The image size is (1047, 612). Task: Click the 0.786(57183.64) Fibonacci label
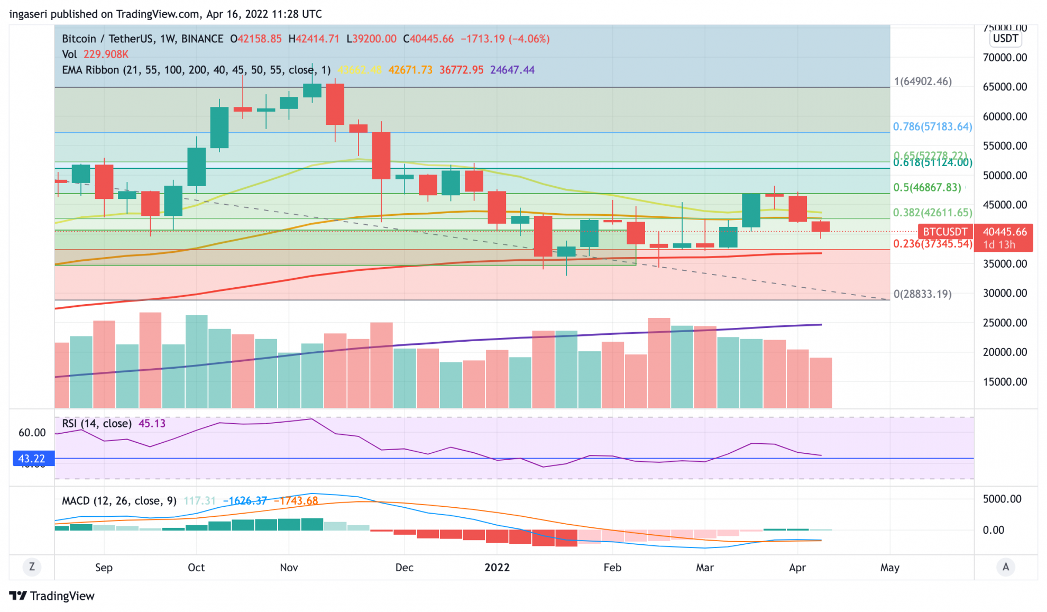pyautogui.click(x=932, y=126)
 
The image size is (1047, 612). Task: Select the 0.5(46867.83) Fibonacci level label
pyautogui.click(x=927, y=187)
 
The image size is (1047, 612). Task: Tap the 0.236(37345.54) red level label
pyautogui.click(x=932, y=243)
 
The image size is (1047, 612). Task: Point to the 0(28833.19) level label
pyautogui.click(x=922, y=294)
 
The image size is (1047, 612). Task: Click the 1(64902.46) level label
pyautogui.click(x=923, y=81)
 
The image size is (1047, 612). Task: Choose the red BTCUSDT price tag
pyautogui.click(x=945, y=232)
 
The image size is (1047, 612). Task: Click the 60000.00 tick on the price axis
pyautogui.click(x=1005, y=116)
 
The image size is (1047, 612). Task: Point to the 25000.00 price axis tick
pyautogui.click(x=1005, y=323)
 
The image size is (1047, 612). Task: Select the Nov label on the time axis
pyautogui.click(x=289, y=568)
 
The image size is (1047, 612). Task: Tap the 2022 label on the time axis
pyautogui.click(x=497, y=568)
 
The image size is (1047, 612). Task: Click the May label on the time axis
pyautogui.click(x=889, y=568)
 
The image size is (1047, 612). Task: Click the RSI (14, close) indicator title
pyautogui.click(x=97, y=424)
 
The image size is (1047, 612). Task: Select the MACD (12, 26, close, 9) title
pyautogui.click(x=119, y=501)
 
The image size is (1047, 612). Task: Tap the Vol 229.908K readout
pyautogui.click(x=95, y=54)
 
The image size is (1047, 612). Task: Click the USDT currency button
pyautogui.click(x=1005, y=39)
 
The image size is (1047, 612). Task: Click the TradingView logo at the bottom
pyautogui.click(x=52, y=596)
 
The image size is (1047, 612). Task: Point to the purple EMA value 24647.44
pyautogui.click(x=512, y=70)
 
